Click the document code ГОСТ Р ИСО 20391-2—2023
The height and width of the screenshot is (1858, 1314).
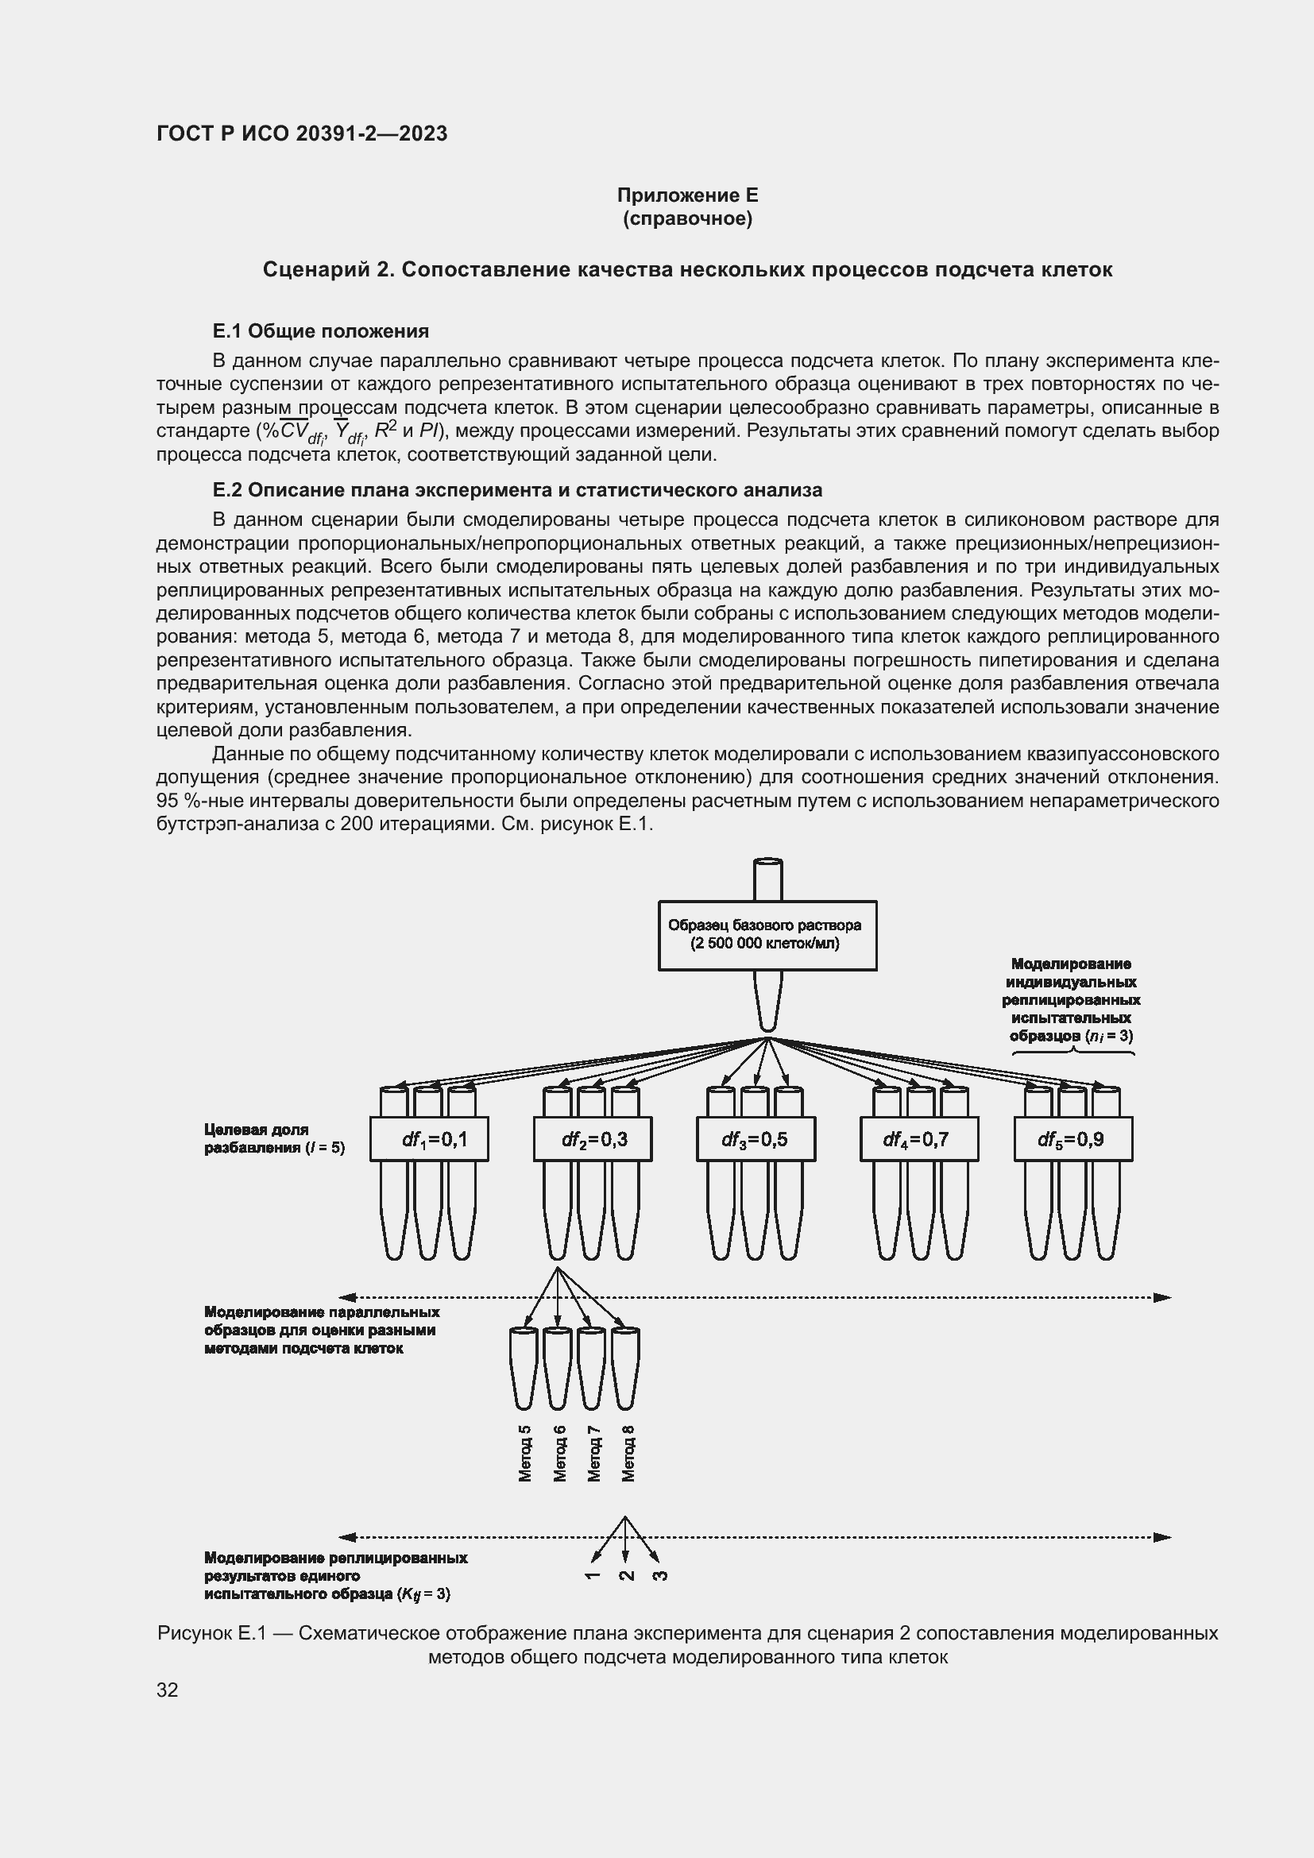pos(302,134)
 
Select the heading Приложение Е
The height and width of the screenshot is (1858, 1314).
pos(687,195)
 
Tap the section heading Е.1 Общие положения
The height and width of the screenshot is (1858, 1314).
pos(320,331)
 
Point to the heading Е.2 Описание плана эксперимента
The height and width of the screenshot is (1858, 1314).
pos(517,489)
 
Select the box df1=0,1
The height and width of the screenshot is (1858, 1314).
pos(429,1138)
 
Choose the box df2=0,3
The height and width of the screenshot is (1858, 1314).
pos(593,1138)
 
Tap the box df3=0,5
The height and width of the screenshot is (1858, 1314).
pos(756,1138)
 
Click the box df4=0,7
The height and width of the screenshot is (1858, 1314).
pos(918,1138)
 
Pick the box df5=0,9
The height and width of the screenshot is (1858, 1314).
pos(1072,1138)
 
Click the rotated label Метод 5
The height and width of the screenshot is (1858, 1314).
pos(525,1454)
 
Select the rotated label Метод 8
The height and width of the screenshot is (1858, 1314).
pos(628,1454)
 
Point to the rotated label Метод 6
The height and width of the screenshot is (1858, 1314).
pos(560,1454)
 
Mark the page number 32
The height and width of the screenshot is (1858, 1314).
pos(168,1690)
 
